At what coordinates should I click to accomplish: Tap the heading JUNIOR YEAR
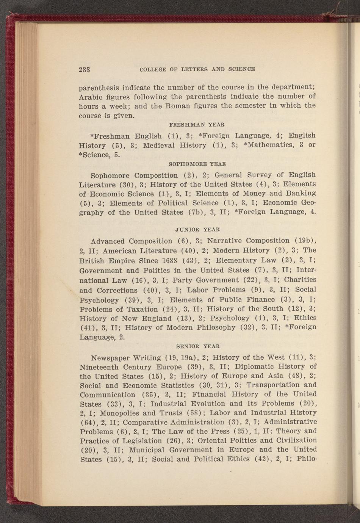click(x=198, y=230)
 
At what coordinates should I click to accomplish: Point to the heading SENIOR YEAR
click(x=198, y=346)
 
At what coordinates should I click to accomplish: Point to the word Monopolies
click(x=115, y=413)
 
